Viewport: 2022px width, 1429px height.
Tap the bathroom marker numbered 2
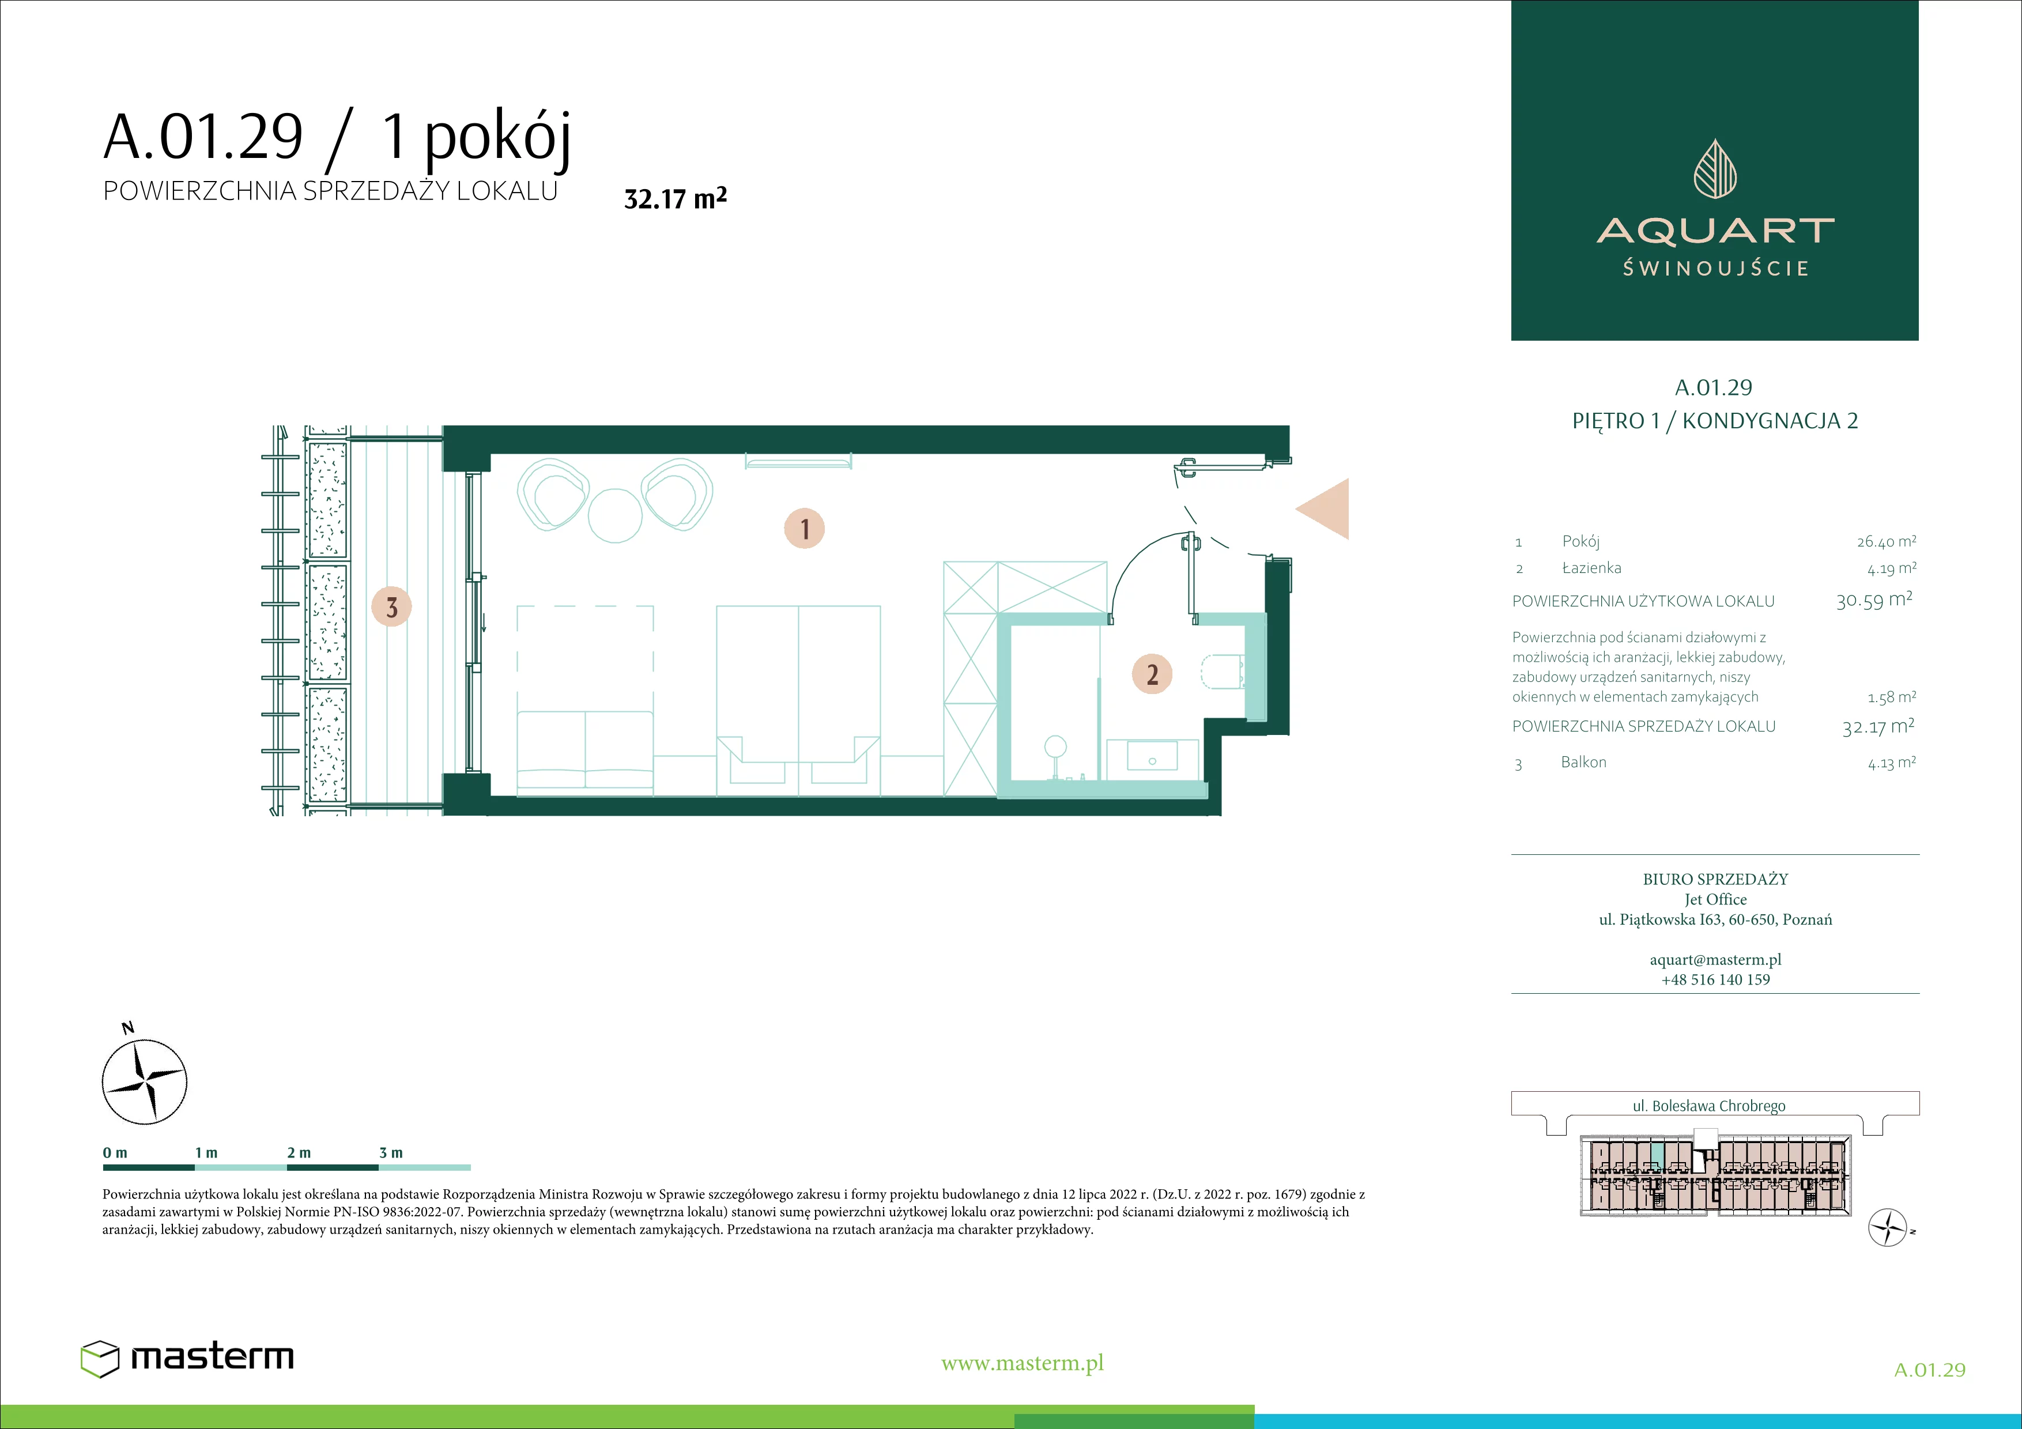click(1152, 674)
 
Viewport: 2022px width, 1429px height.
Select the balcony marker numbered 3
click(392, 606)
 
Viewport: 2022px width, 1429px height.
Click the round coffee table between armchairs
click(614, 516)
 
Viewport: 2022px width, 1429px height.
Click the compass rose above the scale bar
click(145, 1081)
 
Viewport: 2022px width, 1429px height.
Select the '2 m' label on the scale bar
click(299, 1152)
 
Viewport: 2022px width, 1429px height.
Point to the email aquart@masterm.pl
click(1715, 960)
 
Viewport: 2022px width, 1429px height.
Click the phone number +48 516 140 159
click(1715, 979)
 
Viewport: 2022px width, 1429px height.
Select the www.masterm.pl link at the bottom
click(1023, 1363)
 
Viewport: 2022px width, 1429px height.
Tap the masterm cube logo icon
click(100, 1359)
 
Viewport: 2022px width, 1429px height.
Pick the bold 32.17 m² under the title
click(676, 198)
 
